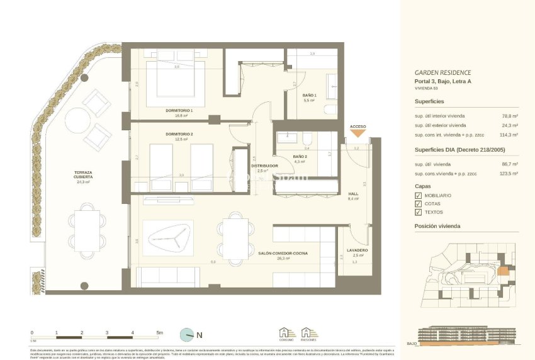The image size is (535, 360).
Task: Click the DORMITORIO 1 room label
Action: click(179, 111)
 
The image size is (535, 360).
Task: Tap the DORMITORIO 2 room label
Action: click(179, 133)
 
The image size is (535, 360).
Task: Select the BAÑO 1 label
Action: click(309, 96)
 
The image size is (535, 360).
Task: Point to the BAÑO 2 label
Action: click(300, 157)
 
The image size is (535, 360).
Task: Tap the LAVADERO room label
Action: click(357, 250)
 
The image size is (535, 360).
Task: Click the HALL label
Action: click(352, 194)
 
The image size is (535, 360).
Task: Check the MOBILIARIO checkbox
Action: click(419, 196)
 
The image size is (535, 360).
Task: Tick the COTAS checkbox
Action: click(419, 204)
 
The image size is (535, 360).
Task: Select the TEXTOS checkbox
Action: click(419, 212)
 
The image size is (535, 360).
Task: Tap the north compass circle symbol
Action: click(186, 334)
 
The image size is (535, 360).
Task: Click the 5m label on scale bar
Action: click(159, 332)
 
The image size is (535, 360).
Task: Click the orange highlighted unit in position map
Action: click(502, 272)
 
